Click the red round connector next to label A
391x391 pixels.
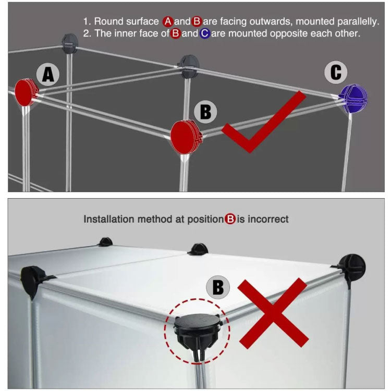[x=25, y=93]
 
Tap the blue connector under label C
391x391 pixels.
[x=353, y=98]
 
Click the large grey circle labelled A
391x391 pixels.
[x=48, y=75]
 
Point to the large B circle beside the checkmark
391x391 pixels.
[x=206, y=112]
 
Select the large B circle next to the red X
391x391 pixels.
[x=218, y=287]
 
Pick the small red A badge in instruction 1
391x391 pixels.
[x=168, y=21]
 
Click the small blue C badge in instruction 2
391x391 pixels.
[x=204, y=34]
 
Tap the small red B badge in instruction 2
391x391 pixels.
[x=176, y=34]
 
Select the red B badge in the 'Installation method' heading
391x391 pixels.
[x=230, y=219]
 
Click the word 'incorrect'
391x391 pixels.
[x=268, y=219]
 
